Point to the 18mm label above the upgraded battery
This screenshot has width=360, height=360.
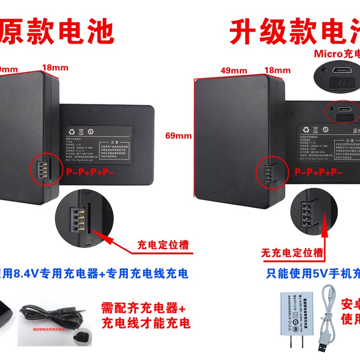(277, 70)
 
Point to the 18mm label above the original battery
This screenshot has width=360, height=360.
(55, 68)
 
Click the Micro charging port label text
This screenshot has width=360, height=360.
(337, 54)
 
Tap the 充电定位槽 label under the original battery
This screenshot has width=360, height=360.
(163, 245)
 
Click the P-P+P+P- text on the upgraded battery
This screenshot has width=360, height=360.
(319, 172)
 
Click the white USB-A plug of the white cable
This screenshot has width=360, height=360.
(322, 348)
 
